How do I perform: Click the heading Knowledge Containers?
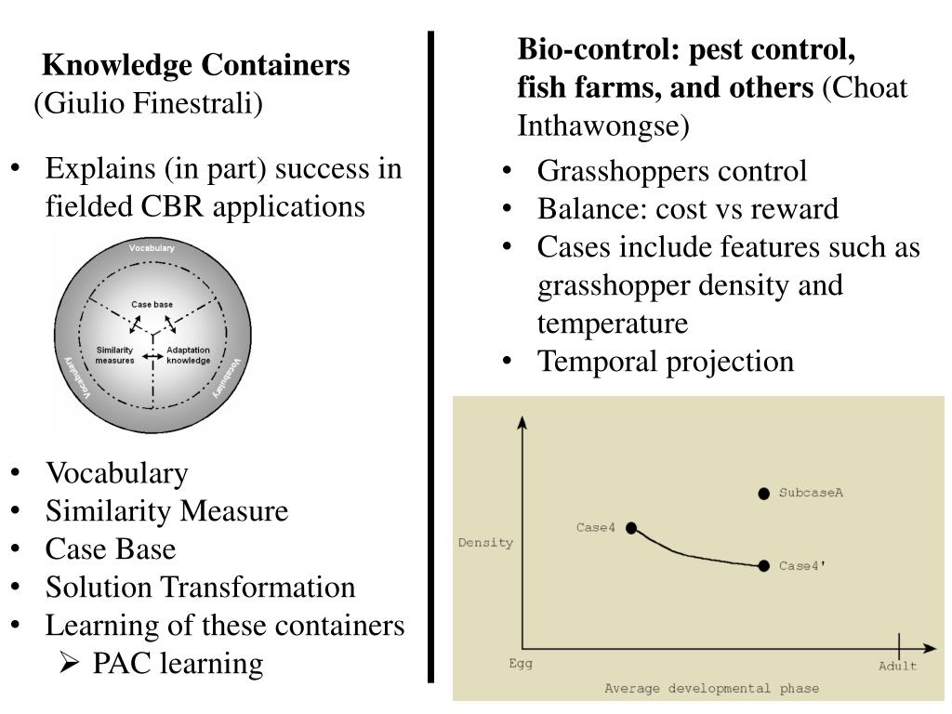tap(197, 65)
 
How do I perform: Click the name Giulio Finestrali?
tap(149, 102)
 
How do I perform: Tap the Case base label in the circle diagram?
tap(152, 305)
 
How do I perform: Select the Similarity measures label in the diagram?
tap(115, 355)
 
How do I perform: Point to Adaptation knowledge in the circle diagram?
tap(188, 355)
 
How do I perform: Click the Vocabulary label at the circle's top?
tap(152, 248)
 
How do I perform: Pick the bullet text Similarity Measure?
tap(167, 510)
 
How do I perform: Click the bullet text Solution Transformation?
tap(201, 587)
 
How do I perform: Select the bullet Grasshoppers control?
tap(672, 171)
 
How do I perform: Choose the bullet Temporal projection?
tap(666, 361)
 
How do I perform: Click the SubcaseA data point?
tap(763, 494)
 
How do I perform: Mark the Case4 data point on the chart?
tap(631, 528)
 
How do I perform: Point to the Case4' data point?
tap(763, 565)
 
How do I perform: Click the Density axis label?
tap(485, 543)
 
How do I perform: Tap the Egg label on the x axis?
tap(521, 665)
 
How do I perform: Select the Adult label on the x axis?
tap(898, 666)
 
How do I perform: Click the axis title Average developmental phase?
tap(712, 689)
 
